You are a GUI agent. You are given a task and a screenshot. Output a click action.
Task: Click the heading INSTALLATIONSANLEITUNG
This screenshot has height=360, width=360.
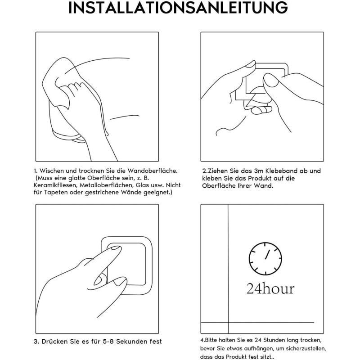pos(178,8)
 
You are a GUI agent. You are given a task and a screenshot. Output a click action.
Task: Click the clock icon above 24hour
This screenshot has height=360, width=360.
pos(265,258)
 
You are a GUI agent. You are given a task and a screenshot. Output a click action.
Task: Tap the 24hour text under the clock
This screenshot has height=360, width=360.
pos(270,289)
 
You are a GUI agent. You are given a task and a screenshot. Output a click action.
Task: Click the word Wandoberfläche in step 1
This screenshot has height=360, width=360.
pos(152,171)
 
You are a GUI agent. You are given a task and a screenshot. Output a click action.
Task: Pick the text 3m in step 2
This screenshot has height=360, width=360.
pos(259,171)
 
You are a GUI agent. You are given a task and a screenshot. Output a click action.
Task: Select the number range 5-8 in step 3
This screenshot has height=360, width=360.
pos(108,342)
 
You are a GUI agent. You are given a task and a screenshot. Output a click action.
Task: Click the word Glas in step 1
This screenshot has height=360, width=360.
pos(143,185)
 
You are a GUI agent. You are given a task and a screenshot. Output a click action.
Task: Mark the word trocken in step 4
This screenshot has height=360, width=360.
pos(310,340)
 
